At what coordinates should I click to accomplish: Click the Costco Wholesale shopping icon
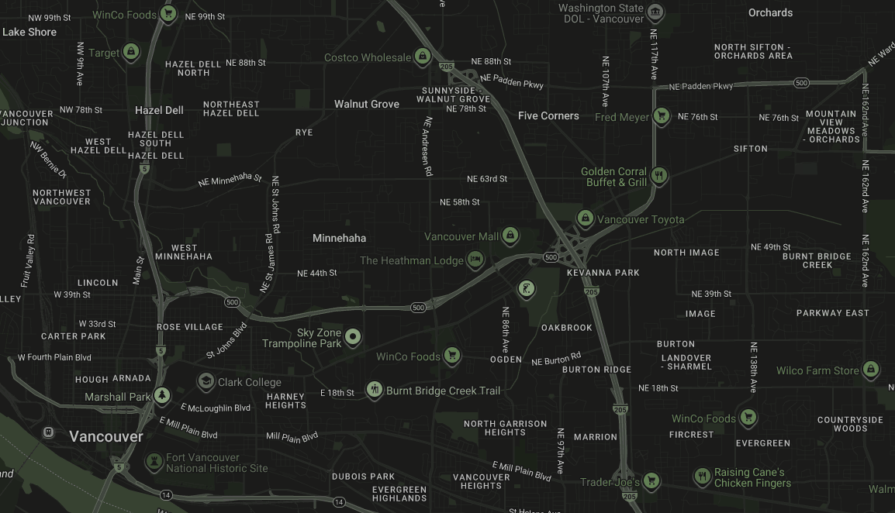coord(422,57)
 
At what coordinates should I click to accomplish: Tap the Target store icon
coord(132,53)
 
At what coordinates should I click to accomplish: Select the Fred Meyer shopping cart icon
coord(661,117)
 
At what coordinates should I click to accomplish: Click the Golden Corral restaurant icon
coord(659,176)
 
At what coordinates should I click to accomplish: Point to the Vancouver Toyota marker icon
coord(586,219)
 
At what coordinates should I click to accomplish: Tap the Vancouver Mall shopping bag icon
coord(510,236)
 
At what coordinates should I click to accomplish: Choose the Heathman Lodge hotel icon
coord(476,260)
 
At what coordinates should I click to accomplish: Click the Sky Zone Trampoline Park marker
coord(353,336)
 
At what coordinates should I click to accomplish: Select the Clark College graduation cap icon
coord(206,381)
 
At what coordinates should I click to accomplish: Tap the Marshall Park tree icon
coord(161,396)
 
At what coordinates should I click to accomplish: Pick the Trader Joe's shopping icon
coord(651,481)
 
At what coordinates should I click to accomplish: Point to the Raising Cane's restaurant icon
coord(702,477)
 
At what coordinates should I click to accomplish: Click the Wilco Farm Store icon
coord(871,370)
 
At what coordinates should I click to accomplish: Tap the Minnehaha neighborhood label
coord(339,238)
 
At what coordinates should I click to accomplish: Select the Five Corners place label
coord(548,115)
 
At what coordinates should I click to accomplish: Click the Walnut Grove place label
coord(367,104)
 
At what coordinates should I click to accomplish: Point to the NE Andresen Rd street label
coord(427,146)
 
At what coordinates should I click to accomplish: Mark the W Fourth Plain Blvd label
coord(54,357)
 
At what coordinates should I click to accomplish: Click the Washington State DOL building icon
coord(655,12)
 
